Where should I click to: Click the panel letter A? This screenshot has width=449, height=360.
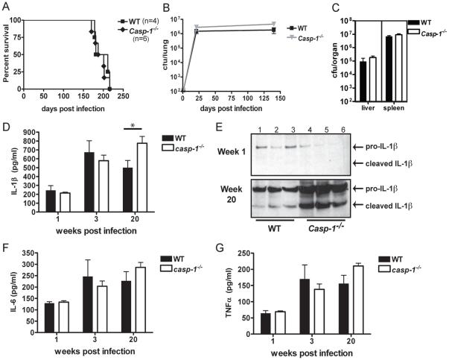pyautogui.click(x=5, y=6)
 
